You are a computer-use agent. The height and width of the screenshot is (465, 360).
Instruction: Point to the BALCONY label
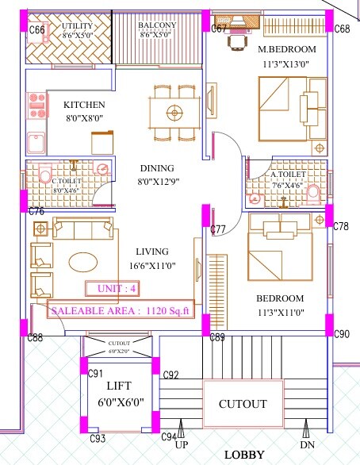(155, 25)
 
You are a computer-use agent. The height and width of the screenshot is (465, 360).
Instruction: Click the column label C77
(220, 229)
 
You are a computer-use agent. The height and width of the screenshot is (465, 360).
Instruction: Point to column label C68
(342, 29)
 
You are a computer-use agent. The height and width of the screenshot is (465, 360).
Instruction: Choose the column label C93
(98, 438)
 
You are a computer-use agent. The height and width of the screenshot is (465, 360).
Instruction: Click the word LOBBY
(244, 455)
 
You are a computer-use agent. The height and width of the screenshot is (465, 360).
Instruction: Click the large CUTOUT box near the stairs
(243, 404)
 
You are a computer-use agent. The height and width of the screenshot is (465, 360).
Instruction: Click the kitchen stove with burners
(36, 101)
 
